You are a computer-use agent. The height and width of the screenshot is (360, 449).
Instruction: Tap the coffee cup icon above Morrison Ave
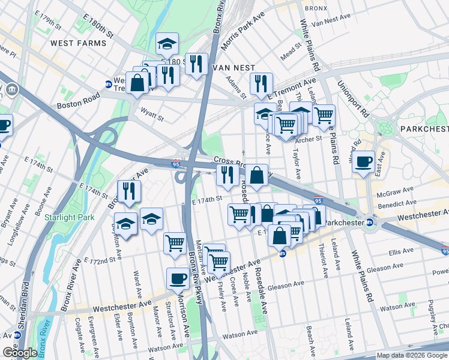178,278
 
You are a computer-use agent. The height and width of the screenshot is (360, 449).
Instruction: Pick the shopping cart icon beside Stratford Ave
175,244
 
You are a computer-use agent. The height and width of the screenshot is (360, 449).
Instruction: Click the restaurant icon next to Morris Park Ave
196,64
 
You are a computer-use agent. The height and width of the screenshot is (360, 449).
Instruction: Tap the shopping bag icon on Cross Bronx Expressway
256,176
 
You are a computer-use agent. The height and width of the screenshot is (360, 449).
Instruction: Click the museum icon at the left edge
12,91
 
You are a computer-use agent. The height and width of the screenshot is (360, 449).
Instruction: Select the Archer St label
309,140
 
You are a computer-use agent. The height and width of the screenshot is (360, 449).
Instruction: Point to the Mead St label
291,49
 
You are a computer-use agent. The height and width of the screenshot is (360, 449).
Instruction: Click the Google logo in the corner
20,353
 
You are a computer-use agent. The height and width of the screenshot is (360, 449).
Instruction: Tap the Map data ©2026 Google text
411,356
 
